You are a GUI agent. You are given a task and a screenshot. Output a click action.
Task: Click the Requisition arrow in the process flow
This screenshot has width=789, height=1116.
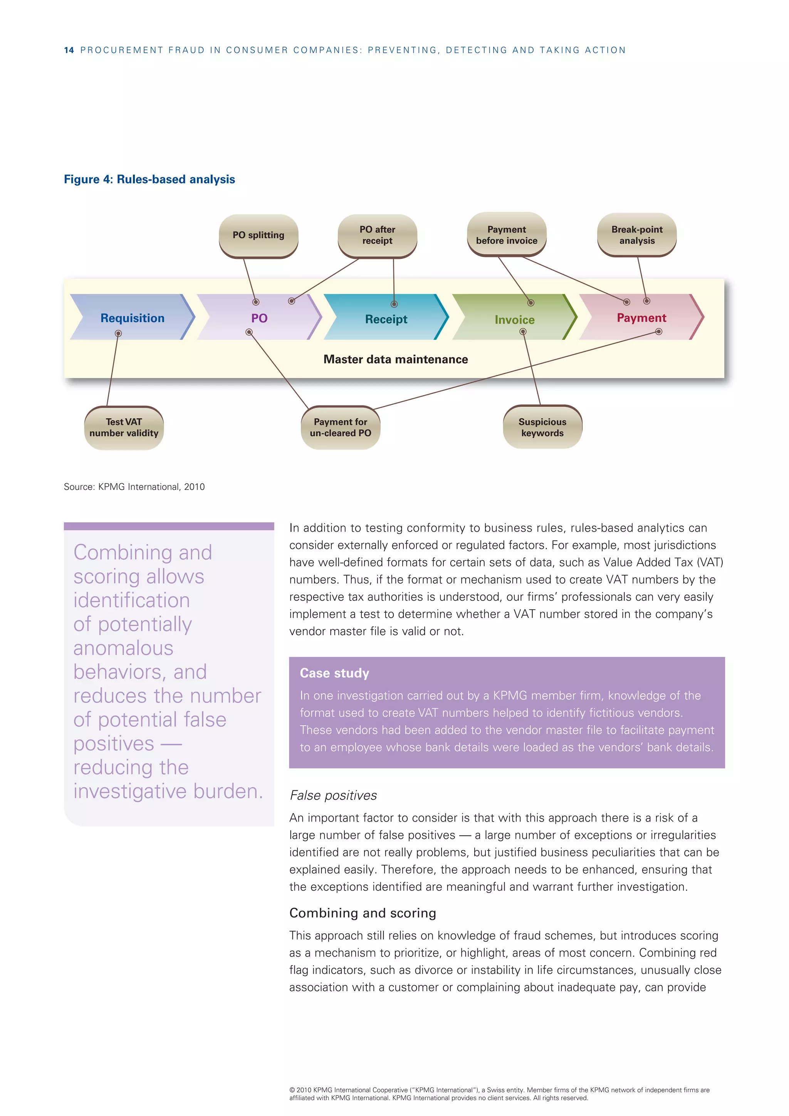click(132, 318)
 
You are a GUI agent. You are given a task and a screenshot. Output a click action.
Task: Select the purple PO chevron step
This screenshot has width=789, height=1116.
click(259, 318)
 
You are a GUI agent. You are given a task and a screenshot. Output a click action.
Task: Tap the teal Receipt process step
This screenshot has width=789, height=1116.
click(386, 319)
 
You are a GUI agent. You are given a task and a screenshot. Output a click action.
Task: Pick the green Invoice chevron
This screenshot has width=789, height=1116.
click(514, 319)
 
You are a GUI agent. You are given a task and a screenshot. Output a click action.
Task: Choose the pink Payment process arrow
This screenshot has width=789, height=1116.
click(641, 318)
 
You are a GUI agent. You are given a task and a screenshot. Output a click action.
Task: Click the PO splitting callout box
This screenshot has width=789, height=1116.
click(259, 235)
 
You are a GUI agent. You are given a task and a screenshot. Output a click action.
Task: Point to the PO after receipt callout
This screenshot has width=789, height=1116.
click(377, 235)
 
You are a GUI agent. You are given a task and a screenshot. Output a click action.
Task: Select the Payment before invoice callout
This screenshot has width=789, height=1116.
click(507, 235)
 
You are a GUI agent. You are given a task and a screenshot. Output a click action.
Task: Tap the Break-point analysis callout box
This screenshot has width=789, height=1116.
click(637, 235)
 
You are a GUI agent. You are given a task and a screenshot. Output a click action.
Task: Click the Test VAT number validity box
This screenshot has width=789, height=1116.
click(124, 428)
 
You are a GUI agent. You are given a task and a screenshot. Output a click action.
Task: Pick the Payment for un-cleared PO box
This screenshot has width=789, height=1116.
click(341, 428)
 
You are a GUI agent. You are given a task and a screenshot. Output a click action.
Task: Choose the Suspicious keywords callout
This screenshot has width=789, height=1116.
click(542, 427)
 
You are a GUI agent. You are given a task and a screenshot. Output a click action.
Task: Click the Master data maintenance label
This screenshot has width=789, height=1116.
click(396, 359)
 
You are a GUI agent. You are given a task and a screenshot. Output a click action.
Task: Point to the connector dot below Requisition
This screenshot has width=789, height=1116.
click(118, 333)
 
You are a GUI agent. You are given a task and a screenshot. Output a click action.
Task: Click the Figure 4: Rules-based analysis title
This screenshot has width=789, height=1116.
click(149, 179)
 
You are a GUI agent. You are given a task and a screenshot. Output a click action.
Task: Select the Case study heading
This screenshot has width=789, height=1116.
click(334, 673)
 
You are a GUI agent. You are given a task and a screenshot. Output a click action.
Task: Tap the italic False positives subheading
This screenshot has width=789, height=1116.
click(333, 795)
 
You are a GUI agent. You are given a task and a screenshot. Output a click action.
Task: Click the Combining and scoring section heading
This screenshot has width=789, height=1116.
click(363, 913)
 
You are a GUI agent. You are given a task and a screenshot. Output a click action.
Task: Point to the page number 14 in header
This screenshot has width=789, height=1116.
click(69, 50)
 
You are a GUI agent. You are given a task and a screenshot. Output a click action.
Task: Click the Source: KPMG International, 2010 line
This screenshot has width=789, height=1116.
click(134, 487)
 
